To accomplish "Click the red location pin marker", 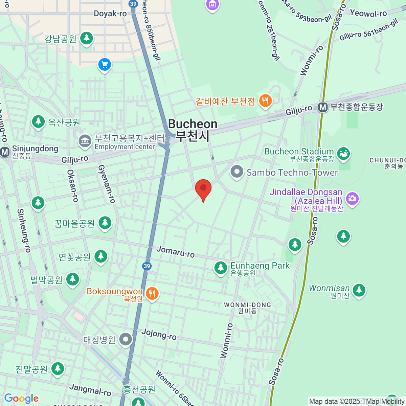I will tap(203, 188).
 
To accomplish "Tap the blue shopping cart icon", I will tap(105, 65).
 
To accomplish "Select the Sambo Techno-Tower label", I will tap(292, 173).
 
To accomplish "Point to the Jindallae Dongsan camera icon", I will tap(353, 198).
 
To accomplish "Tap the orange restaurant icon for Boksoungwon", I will tap(152, 293).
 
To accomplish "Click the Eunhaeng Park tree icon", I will tap(221, 268).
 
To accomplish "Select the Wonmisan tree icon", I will tap(359, 290).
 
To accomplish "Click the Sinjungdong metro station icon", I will tap(5, 152).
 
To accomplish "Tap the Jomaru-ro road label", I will tap(176, 252).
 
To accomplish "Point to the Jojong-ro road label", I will tap(159, 334).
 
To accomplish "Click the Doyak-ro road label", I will tap(110, 14).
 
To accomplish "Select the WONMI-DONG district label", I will tap(247, 305).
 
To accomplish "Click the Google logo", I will tap(21, 399).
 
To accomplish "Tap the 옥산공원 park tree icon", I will tap(38, 121).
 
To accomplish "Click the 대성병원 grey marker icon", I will tap(126, 339).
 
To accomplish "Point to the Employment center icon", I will tap(85, 141).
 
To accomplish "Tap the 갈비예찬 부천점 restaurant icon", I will tap(265, 100).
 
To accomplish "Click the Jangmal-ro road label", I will tap(90, 390).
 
